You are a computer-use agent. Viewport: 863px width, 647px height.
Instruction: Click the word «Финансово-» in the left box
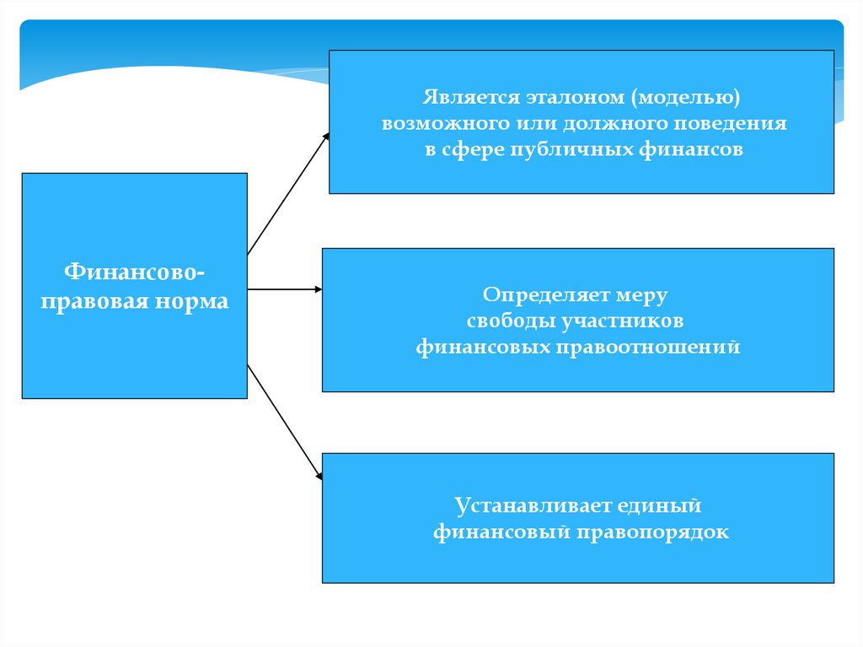135,272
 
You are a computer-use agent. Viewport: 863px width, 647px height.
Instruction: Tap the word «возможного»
441,123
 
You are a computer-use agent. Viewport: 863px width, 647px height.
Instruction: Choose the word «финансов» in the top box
698,149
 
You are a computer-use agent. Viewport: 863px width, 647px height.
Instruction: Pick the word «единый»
665,506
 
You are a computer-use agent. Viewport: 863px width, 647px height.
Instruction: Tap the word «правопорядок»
652,532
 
